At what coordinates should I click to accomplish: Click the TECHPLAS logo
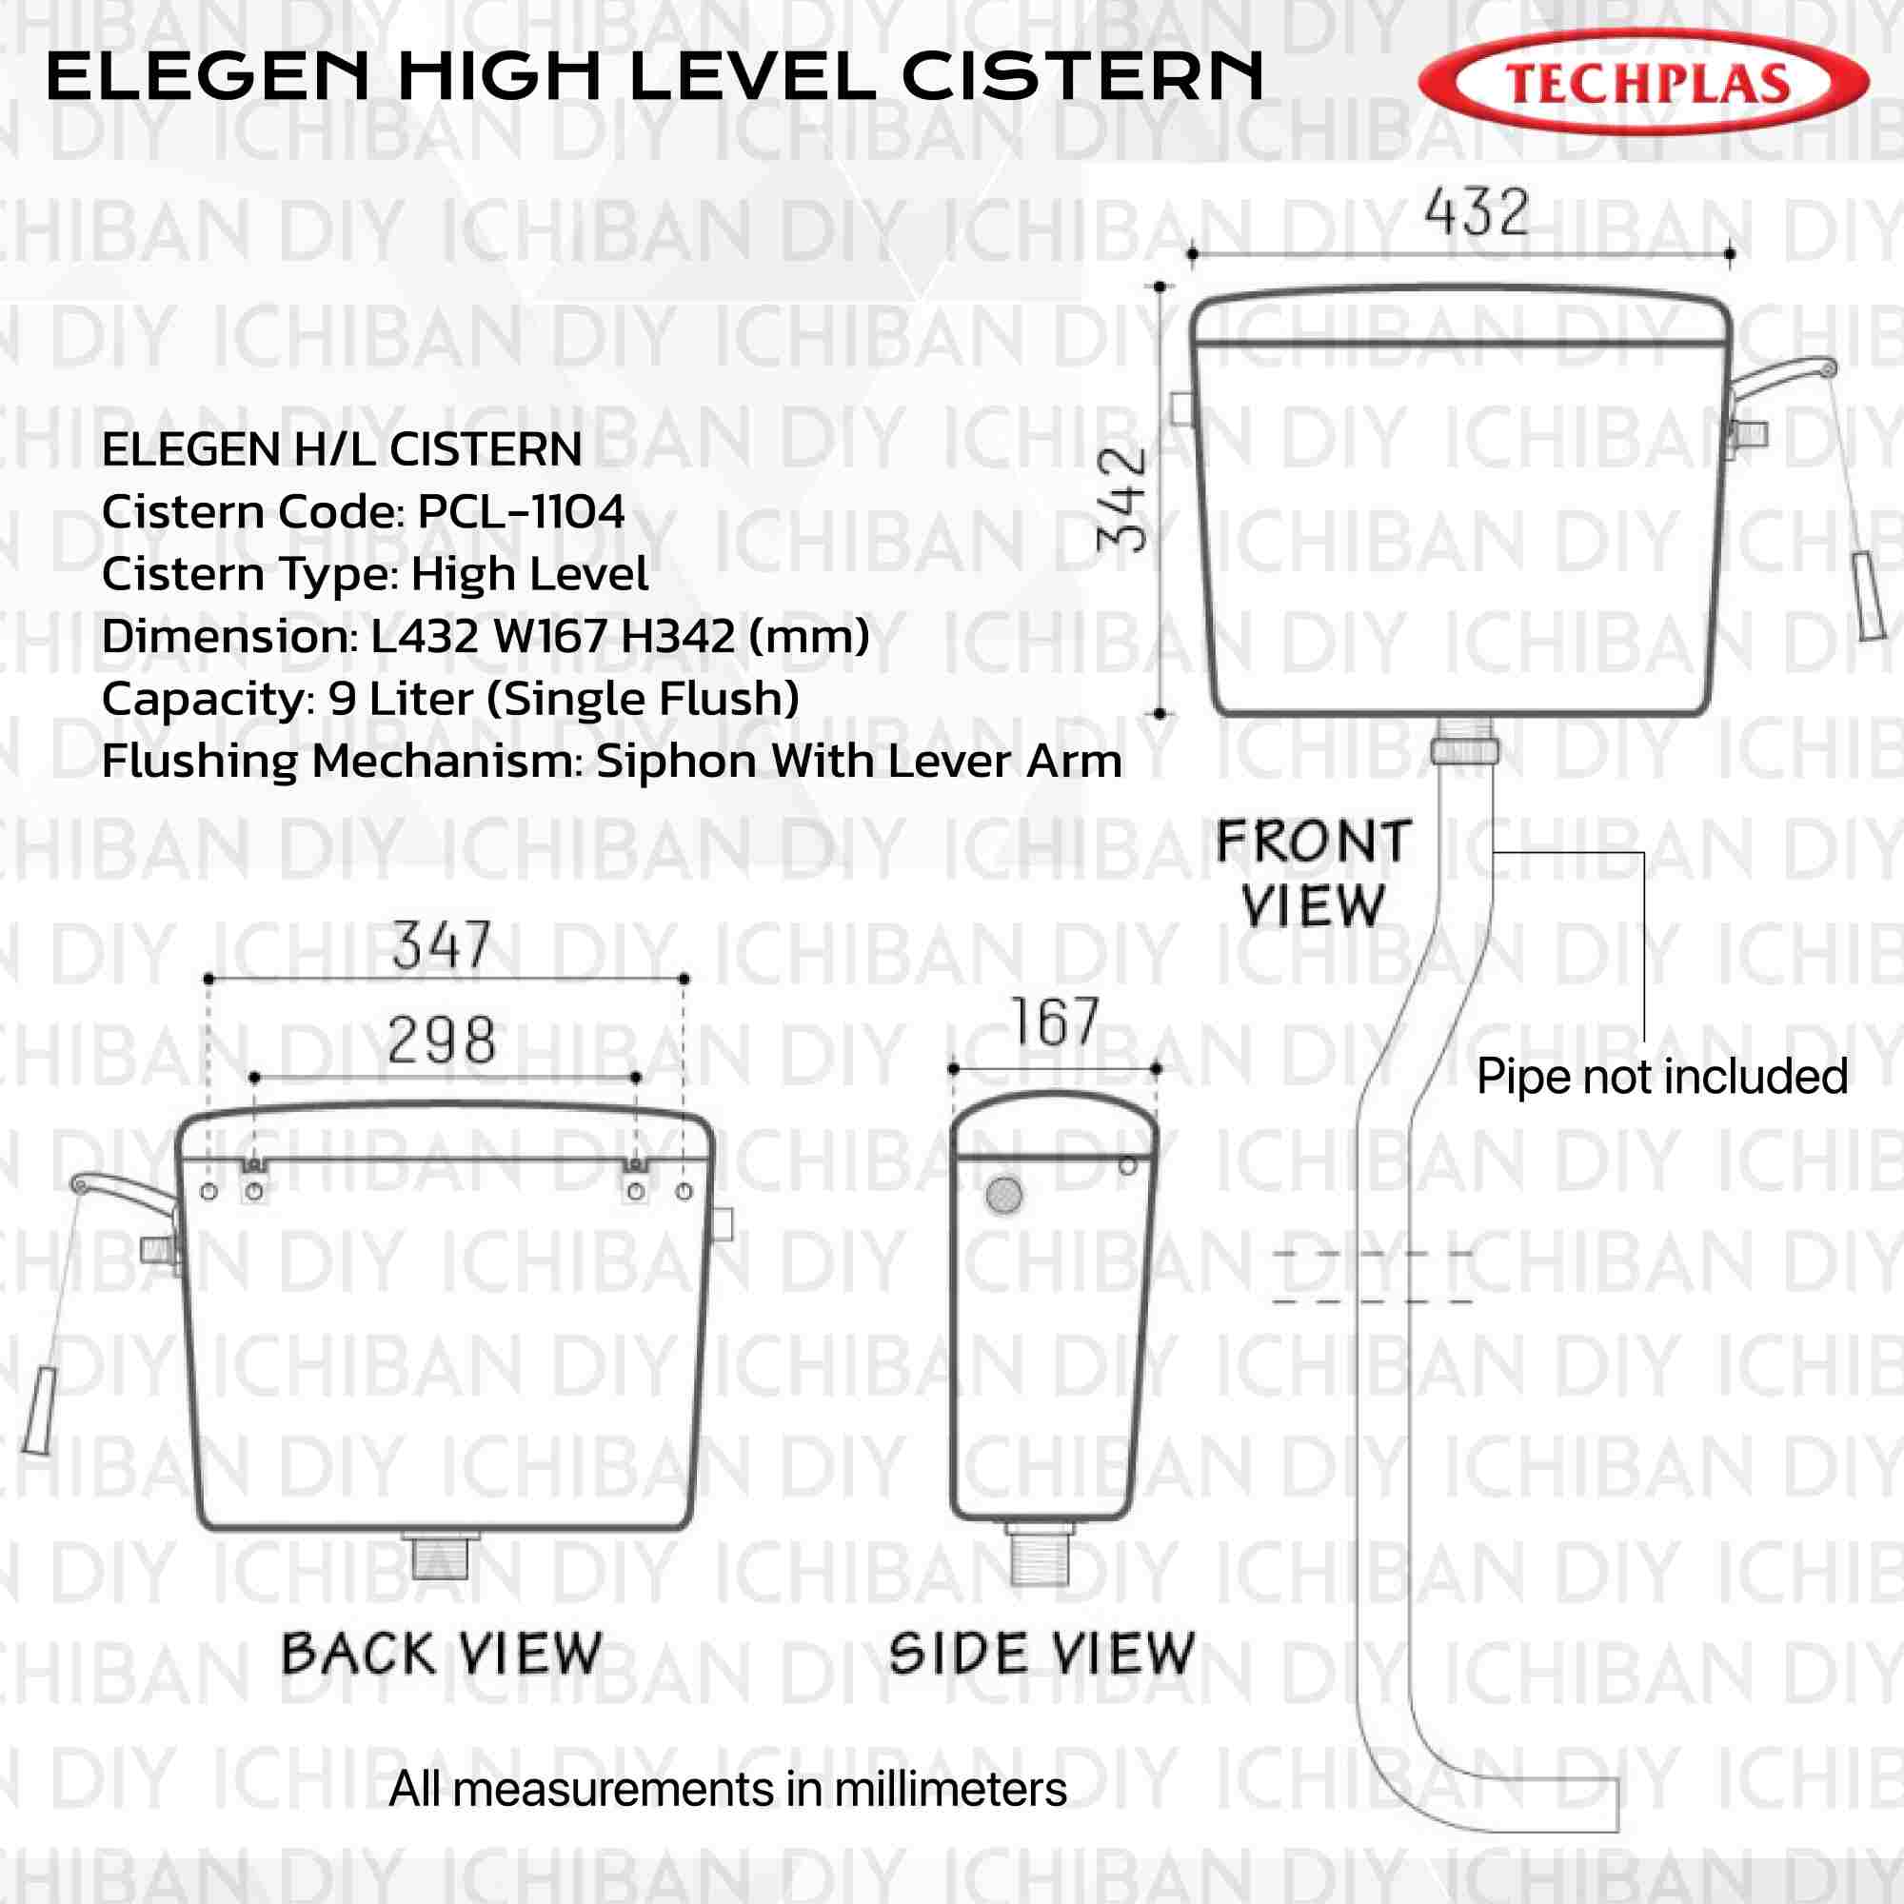[x=1643, y=83]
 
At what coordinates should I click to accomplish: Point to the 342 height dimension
[x=1123, y=499]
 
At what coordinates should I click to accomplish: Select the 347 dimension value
[x=442, y=946]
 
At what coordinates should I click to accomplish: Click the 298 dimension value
[x=442, y=1041]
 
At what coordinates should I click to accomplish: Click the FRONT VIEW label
[x=1314, y=874]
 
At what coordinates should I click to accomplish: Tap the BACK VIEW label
[x=442, y=1654]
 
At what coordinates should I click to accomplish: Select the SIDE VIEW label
[x=1041, y=1654]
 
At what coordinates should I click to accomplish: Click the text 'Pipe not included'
[x=1661, y=1076]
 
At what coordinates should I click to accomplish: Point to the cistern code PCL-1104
[x=522, y=512]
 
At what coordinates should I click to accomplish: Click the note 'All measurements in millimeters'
[x=727, y=1789]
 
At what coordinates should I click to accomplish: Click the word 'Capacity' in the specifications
[x=203, y=700]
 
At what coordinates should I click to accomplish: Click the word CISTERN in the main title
[x=1082, y=77]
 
